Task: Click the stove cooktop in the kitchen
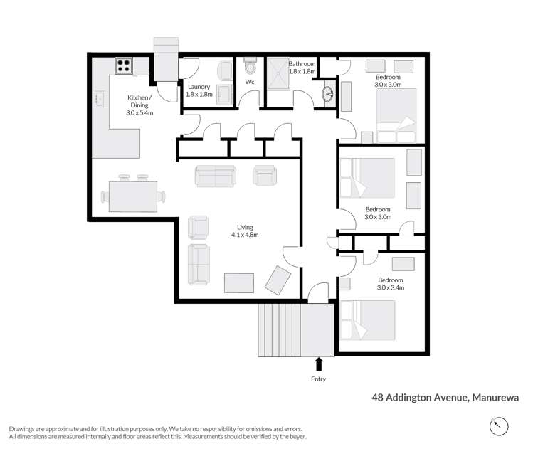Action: (123, 66)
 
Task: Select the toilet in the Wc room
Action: (249, 68)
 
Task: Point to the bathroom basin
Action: (329, 94)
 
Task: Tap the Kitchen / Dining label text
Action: (139, 105)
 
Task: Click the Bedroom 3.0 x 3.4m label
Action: (390, 284)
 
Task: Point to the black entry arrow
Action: (319, 364)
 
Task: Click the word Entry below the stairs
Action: (318, 379)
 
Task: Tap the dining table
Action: (133, 196)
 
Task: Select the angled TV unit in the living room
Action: (277, 280)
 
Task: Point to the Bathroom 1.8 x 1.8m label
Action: (302, 68)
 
